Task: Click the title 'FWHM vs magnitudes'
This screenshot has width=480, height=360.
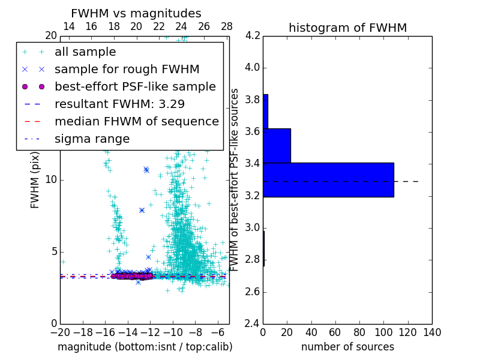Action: pos(136,14)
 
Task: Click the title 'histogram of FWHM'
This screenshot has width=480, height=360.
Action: pos(347,28)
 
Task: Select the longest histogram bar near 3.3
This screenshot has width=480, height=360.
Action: pos(328,179)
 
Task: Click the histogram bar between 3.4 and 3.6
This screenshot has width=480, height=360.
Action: pos(277,145)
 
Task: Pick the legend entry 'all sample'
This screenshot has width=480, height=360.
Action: pos(85,52)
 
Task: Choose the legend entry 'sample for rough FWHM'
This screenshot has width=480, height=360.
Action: pos(127,69)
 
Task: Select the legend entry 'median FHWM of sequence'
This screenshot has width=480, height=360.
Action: pos(136,121)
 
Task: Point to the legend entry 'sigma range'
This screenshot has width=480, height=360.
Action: pos(92,139)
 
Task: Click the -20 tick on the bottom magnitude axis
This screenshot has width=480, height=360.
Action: pos(60,332)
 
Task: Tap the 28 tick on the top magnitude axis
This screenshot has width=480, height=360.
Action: pos(227,26)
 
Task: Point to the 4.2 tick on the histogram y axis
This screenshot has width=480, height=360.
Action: pos(253,35)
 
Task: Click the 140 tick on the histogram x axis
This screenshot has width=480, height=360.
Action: pos(432,332)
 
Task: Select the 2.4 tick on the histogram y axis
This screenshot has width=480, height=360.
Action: pos(253,324)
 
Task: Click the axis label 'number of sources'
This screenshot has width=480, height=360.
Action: pos(347,347)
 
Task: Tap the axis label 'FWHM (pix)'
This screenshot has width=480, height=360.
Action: pos(35,180)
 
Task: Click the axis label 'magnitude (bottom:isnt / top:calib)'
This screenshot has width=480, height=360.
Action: pos(145,347)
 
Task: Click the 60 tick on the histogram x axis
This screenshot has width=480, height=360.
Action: pos(335,332)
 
